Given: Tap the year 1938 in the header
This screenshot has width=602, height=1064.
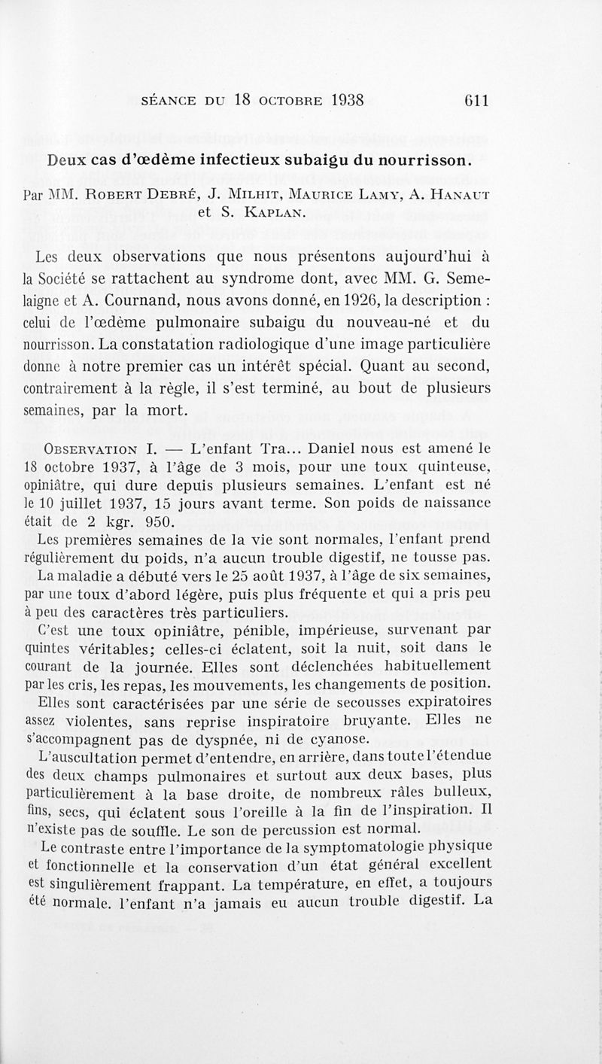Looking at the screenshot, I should [x=342, y=101].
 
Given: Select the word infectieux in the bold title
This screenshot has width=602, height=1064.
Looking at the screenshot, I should [x=248, y=160].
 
